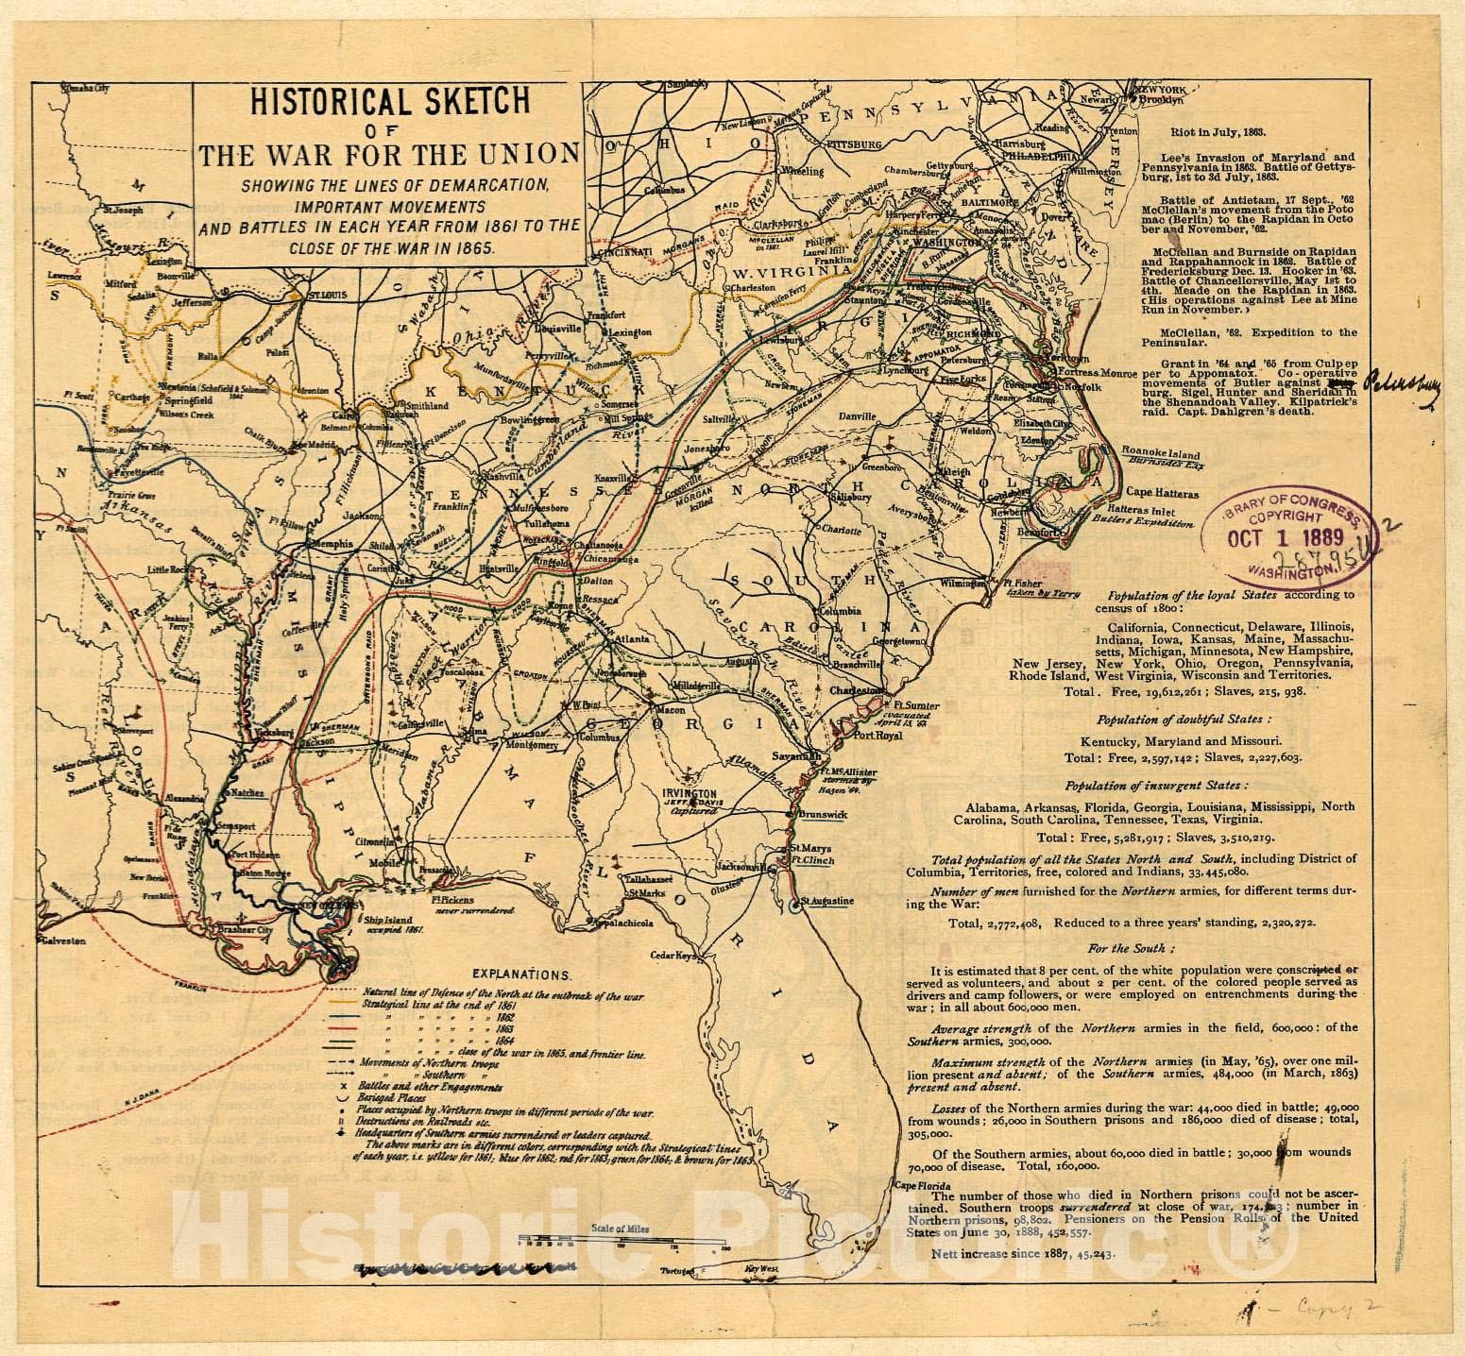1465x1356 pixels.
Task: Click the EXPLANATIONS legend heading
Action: pyautogui.click(x=520, y=972)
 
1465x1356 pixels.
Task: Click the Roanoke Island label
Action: pyautogui.click(x=1157, y=451)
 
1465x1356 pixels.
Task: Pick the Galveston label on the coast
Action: pyautogui.click(x=62, y=941)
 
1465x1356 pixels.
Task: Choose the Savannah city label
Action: pyautogui.click(x=792, y=755)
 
